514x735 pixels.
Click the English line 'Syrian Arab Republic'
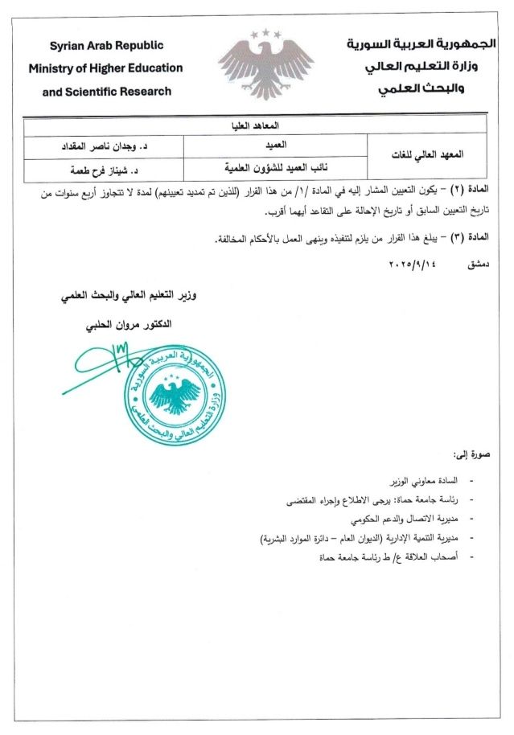point(107,46)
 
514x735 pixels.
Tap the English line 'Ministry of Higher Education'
point(105,68)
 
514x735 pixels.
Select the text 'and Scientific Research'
point(106,92)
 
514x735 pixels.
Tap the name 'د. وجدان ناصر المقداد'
point(104,148)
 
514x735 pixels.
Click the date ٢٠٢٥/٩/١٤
point(412,264)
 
